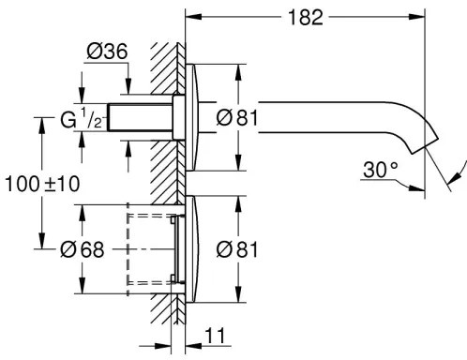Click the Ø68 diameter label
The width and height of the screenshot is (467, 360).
[x=82, y=248]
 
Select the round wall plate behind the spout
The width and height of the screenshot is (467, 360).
[x=192, y=117]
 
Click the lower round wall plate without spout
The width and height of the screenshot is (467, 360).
[x=192, y=248]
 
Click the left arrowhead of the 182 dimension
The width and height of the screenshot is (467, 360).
[x=192, y=17]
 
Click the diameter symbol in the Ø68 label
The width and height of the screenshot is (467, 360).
[x=68, y=248]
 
